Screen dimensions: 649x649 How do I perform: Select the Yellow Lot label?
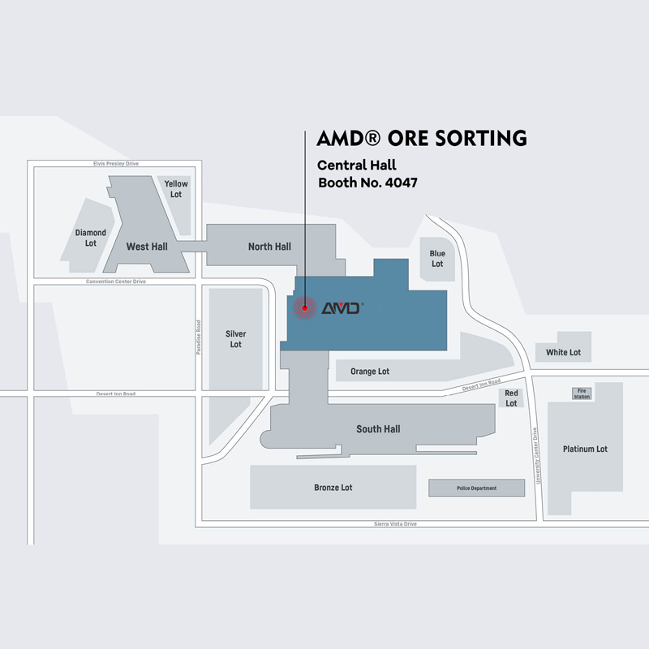click(176, 189)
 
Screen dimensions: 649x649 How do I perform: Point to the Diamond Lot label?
click(91, 238)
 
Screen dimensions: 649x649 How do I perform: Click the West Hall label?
click(147, 246)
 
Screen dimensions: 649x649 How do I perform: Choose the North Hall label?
click(269, 247)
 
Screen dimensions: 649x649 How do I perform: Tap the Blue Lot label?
click(437, 259)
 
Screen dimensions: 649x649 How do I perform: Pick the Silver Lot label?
click(235, 339)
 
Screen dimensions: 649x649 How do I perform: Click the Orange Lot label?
click(370, 372)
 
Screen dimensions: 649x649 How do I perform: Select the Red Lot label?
click(511, 398)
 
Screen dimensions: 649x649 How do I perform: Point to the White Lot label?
click(563, 352)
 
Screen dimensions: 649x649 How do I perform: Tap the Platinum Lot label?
click(585, 449)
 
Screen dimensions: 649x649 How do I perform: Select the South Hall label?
click(378, 429)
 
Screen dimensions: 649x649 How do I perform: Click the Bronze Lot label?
click(333, 488)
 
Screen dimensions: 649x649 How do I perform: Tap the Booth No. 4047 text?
click(367, 183)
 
